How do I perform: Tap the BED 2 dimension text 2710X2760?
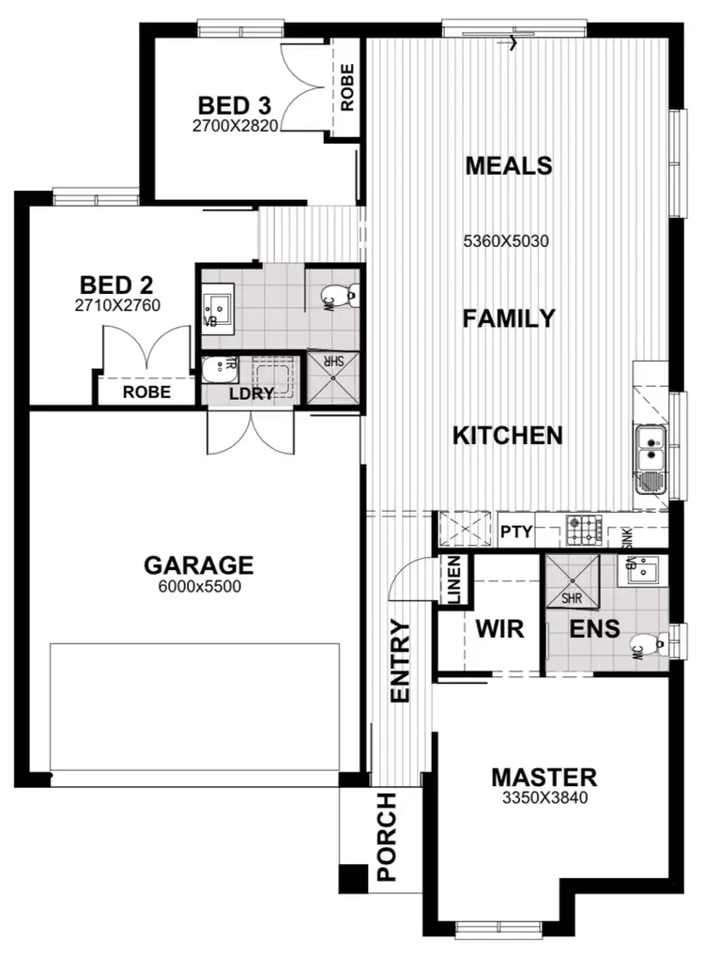click(117, 305)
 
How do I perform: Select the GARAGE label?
click(198, 564)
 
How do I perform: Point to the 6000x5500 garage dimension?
click(198, 586)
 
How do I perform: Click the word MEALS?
click(509, 166)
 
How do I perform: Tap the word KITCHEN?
click(508, 436)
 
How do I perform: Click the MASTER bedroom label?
click(543, 778)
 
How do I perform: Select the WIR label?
click(498, 627)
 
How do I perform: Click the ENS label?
click(595, 628)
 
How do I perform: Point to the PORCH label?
click(387, 838)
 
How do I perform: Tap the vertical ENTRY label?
click(401, 661)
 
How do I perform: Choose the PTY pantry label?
click(516, 533)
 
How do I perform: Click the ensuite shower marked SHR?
click(571, 579)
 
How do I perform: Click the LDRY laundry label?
click(251, 394)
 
